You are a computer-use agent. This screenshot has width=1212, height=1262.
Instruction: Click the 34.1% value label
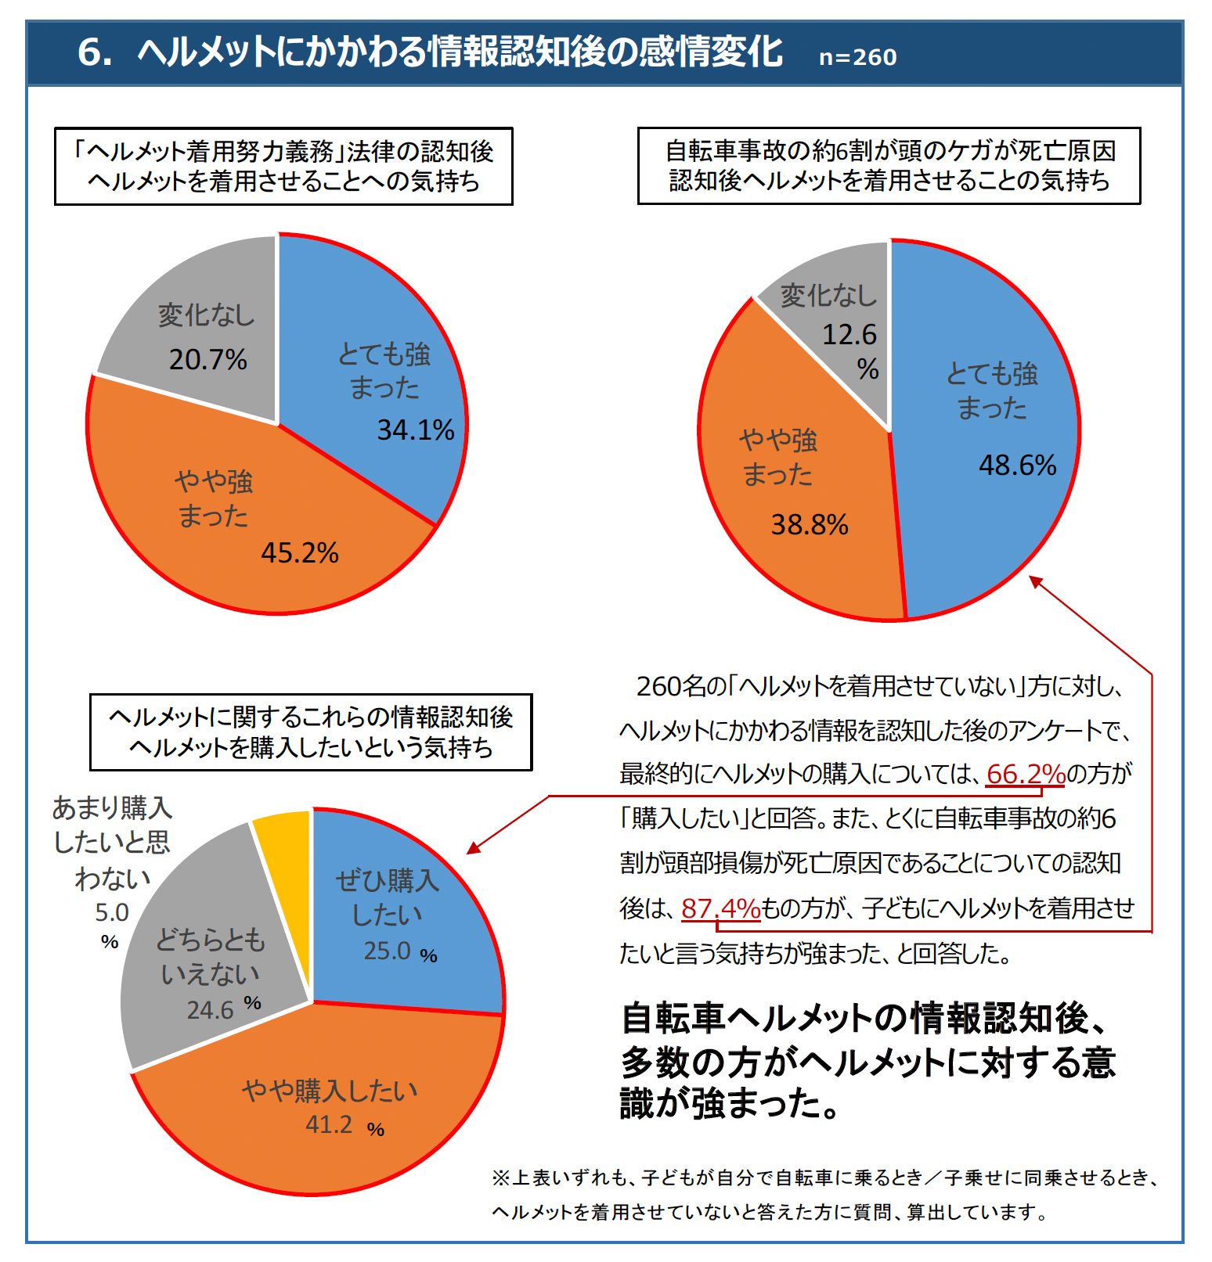point(416,430)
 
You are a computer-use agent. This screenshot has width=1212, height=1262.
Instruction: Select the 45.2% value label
point(300,553)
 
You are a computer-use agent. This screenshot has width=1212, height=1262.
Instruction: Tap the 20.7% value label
point(208,360)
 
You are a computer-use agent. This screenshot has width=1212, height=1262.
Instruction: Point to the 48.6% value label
point(1018,466)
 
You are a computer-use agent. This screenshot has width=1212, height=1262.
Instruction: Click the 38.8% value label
point(810,525)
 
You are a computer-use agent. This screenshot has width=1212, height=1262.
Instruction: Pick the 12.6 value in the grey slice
point(849,335)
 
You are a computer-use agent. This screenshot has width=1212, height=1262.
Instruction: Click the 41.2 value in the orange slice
point(329,1124)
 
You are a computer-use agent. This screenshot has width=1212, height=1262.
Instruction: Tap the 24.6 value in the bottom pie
point(210,1010)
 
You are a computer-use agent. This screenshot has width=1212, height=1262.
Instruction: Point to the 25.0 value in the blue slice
point(387,951)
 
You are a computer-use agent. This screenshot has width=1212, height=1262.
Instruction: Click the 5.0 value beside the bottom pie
point(112,912)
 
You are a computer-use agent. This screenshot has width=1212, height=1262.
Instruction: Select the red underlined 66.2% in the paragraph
point(1026,774)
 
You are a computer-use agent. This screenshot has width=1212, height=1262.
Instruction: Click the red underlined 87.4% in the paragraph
point(720,908)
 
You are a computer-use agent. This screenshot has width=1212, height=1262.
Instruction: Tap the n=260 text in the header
point(857,57)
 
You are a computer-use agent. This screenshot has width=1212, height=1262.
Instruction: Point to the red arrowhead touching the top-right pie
point(1035,581)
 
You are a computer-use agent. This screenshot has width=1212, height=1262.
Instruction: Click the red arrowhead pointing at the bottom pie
point(473,848)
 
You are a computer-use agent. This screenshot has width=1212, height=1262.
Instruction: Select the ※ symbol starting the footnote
point(501,1178)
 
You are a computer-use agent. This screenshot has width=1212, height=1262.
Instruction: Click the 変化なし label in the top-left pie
point(207,315)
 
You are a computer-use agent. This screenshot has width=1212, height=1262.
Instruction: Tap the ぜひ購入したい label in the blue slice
point(387,897)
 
